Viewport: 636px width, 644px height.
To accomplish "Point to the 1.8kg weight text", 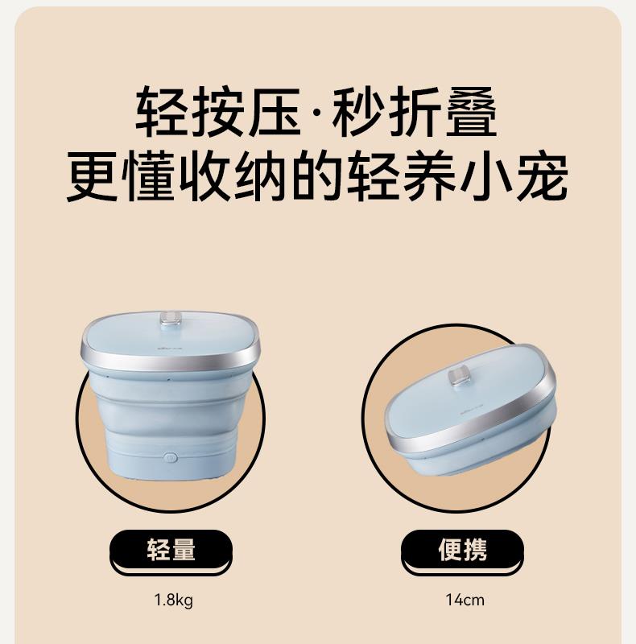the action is coord(173,600).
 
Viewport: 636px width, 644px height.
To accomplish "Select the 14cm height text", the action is coord(465,600).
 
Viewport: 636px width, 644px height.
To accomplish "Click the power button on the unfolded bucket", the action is coord(170,457).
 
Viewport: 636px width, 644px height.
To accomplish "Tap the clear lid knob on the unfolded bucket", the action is coord(171,319).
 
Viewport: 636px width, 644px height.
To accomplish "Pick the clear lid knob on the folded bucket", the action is coord(459,377).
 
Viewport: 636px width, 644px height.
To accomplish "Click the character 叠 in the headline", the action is coord(471,112).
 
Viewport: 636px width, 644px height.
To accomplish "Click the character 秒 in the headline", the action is coord(358,112).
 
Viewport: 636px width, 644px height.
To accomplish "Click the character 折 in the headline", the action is coord(415,112).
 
